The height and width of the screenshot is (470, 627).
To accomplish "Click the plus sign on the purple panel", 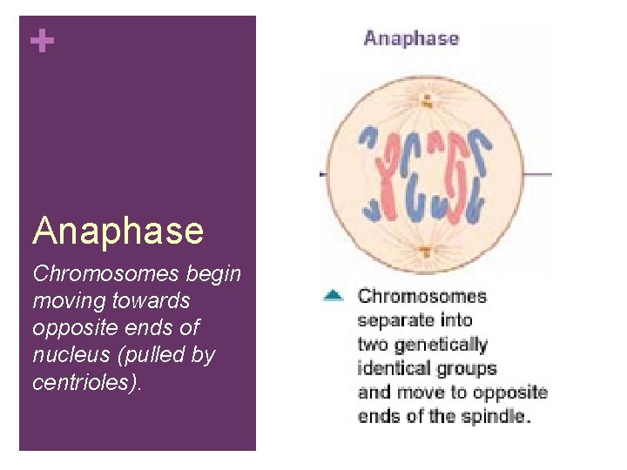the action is [x=41, y=41].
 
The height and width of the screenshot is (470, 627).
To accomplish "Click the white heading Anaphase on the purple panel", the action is [x=118, y=231].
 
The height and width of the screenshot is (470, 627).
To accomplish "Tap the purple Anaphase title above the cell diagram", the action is [x=411, y=38].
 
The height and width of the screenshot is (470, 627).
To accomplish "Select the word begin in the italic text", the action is [x=214, y=274].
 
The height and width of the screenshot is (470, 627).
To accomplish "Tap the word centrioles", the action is [x=84, y=382].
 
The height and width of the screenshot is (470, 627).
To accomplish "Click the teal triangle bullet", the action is [x=333, y=296].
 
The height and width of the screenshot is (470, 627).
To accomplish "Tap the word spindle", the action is [x=498, y=415].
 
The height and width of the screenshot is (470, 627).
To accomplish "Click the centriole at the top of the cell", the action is [x=426, y=97].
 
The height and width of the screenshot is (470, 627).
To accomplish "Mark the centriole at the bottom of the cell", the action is [x=426, y=252].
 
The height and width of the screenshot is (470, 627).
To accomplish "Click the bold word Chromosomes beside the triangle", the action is [x=422, y=296].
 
